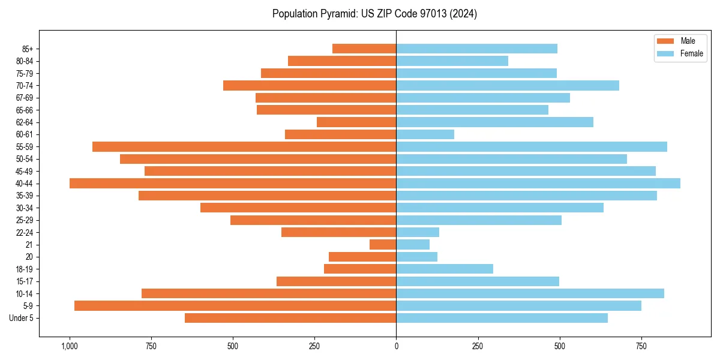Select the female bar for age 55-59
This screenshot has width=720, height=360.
(532, 146)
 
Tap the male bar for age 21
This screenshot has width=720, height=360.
(383, 244)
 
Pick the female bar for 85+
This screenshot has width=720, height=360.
(476, 49)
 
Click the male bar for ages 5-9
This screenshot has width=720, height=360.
(235, 305)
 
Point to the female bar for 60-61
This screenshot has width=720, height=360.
(425, 134)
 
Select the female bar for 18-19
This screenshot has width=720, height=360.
(445, 269)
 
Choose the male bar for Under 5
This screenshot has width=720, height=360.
(290, 318)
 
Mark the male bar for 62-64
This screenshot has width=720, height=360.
(356, 122)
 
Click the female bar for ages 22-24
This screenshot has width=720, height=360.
(418, 232)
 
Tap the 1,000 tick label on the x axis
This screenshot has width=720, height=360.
(70, 346)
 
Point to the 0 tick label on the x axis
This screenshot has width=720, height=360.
(396, 346)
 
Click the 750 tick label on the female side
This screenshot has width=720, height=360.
(641, 346)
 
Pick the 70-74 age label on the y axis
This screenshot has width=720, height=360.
(25, 85)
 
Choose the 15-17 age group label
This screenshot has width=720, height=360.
(25, 281)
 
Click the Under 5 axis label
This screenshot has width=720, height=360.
(22, 318)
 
